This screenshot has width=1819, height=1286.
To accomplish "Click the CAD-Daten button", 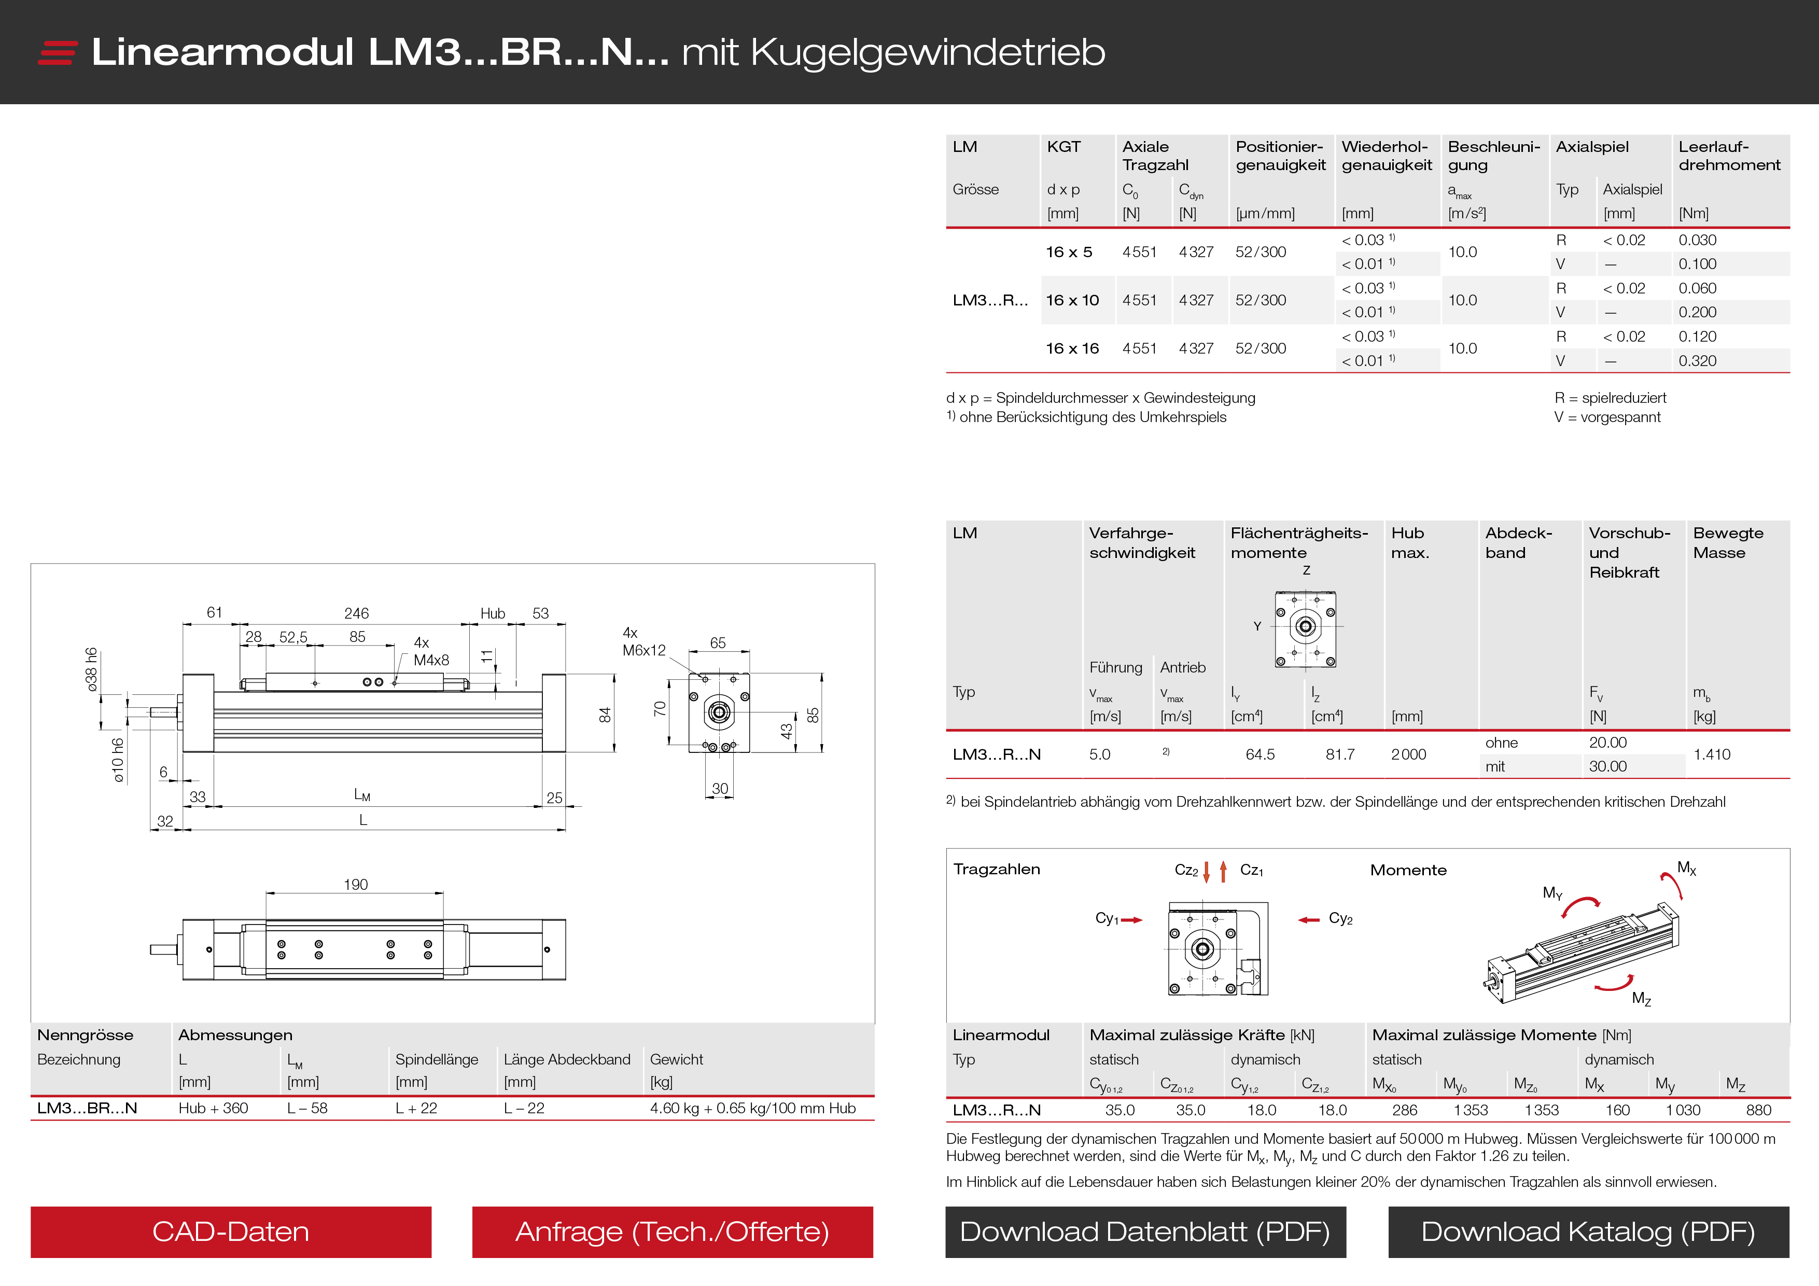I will coord(231,1232).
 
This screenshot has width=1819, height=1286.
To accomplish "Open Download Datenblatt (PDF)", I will coord(1145,1232).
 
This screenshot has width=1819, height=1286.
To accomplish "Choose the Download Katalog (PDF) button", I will coord(1588,1232).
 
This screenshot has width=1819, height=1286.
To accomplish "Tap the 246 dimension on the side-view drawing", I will coord(357,613).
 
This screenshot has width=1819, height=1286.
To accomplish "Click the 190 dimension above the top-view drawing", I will coord(356,884).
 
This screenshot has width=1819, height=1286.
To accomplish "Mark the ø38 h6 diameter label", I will coord(92,669).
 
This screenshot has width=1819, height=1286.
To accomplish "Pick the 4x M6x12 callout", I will coord(643,642).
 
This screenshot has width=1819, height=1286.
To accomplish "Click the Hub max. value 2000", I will coord(1408,754).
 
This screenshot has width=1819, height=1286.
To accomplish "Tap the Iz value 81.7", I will coord(1340,754).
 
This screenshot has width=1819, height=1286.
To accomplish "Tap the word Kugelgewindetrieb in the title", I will coord(927,52).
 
